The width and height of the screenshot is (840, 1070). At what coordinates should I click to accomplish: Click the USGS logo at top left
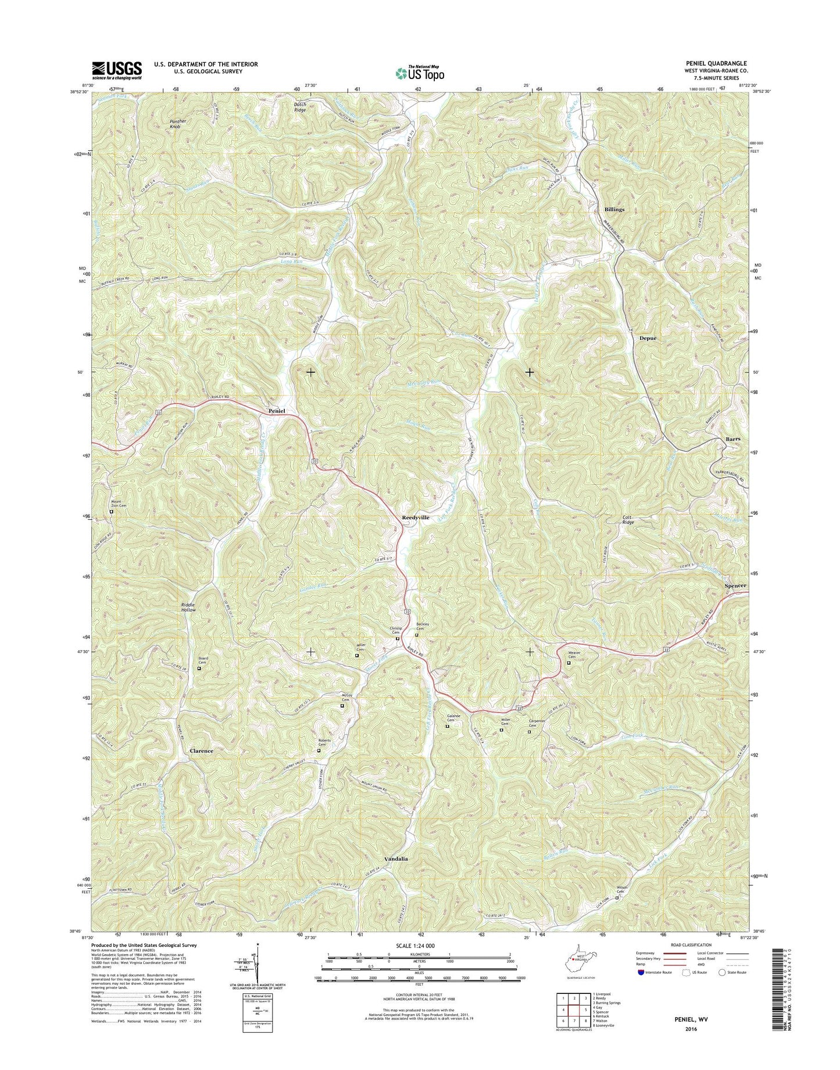(116, 70)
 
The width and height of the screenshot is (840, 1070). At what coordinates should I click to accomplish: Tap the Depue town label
(648, 337)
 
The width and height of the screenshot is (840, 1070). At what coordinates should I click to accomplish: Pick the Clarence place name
(201, 751)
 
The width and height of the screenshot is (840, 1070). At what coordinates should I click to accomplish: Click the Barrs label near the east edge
(732, 439)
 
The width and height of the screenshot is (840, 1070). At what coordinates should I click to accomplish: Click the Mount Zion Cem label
(115, 504)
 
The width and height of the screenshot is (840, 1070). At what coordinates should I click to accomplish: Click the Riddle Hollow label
(188, 607)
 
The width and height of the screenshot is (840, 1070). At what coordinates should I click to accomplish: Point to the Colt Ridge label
(628, 519)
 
